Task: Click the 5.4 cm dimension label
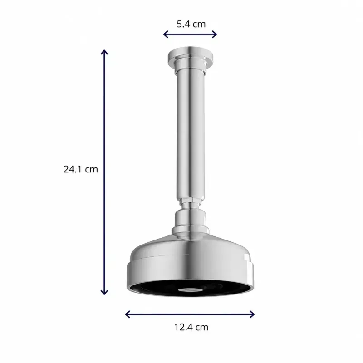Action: [x=191, y=24]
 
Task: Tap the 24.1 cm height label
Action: [x=81, y=169]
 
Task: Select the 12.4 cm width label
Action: [x=191, y=327]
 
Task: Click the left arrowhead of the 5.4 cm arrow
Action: [x=165, y=34]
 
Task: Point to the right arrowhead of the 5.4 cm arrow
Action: [x=215, y=34]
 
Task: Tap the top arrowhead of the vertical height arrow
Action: [x=104, y=52]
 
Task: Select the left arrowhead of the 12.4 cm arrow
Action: [x=127, y=314]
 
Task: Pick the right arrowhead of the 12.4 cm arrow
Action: [x=252, y=314]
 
